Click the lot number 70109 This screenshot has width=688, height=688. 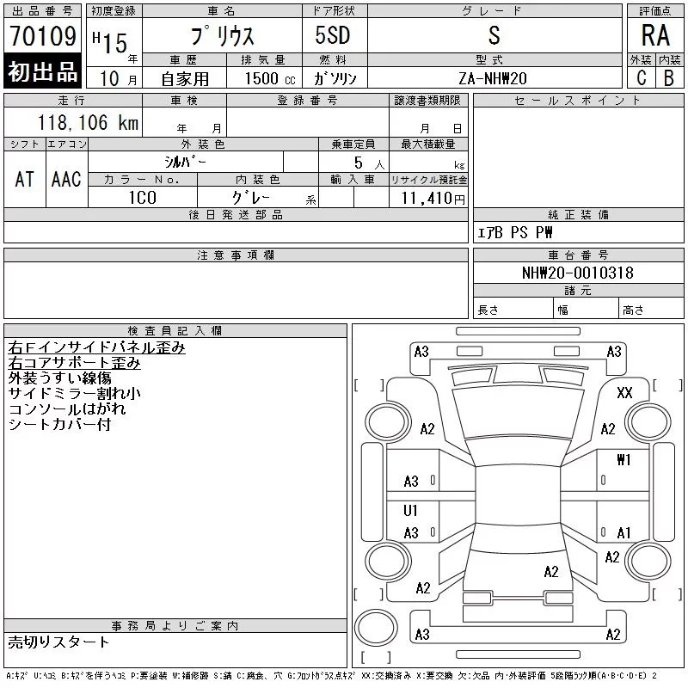click(43, 36)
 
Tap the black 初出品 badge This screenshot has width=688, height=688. click(42, 71)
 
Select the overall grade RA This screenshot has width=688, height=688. click(655, 35)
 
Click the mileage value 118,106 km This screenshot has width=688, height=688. click(88, 123)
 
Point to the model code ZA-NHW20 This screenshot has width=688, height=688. click(493, 78)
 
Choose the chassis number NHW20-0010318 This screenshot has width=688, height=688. click(577, 273)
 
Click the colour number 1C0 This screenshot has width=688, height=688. click(143, 198)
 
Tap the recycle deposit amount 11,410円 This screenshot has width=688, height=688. click(433, 199)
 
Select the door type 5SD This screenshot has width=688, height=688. click(333, 35)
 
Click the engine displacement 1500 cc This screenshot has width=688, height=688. click(270, 78)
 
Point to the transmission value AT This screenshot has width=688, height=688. click(25, 179)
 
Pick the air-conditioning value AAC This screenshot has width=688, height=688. click(66, 179)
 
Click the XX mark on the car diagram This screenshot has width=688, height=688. click(624, 393)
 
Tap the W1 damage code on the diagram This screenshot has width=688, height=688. click(623, 460)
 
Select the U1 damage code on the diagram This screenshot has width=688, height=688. click(410, 511)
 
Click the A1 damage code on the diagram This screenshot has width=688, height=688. click(623, 533)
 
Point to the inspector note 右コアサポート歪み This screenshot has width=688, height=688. click(74, 363)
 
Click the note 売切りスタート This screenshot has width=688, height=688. click(58, 642)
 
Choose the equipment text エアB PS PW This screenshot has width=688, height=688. click(514, 232)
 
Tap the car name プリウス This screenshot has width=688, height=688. click(223, 35)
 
